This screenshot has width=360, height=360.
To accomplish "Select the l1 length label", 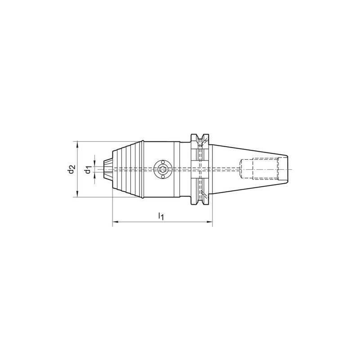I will pyautogui.click(x=161, y=216).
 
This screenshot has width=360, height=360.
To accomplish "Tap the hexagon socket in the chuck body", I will pyautogui.click(x=162, y=169).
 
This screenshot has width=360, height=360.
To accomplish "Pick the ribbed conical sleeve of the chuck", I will pyautogui.click(x=128, y=169).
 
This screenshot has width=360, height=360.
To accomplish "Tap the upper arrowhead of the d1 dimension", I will pyautogui.click(x=94, y=160).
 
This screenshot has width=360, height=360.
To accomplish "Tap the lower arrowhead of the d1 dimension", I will pyautogui.click(x=94, y=178).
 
